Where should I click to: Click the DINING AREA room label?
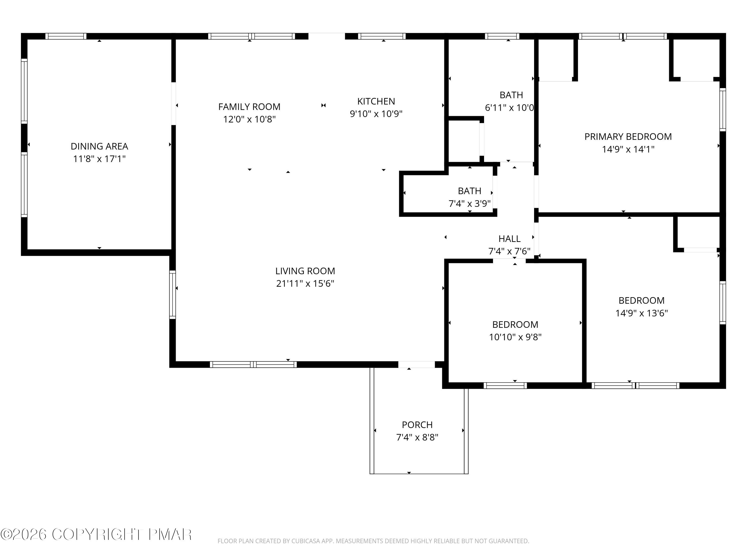click(99, 146)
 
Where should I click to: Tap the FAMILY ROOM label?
click(249, 107)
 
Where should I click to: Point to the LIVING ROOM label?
click(305, 271)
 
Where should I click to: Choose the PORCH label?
click(417, 424)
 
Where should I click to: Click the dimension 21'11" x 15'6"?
click(305, 283)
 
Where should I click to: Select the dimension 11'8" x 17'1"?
click(99, 159)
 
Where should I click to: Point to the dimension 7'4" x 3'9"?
click(469, 204)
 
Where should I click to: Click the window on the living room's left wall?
click(173, 294)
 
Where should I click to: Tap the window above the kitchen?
click(382, 36)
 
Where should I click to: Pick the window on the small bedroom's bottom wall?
click(505, 386)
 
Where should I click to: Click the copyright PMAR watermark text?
click(96, 534)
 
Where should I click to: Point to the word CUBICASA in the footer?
click(306, 541)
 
